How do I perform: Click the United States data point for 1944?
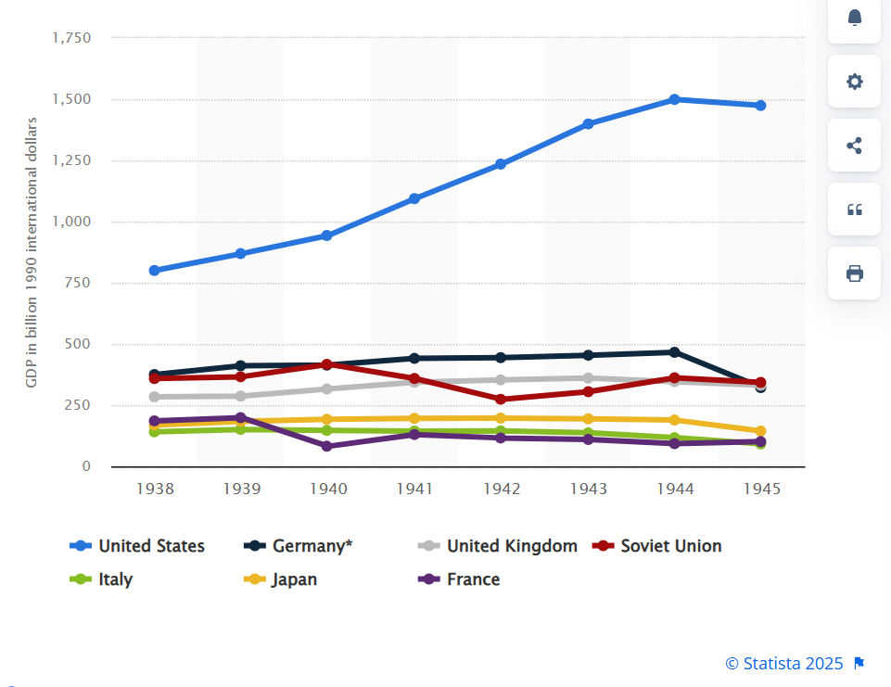click(674, 99)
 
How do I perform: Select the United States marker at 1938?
click(155, 271)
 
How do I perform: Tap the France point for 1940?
click(327, 446)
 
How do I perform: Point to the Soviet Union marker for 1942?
click(501, 400)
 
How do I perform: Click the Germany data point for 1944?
click(674, 352)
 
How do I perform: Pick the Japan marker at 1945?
click(760, 431)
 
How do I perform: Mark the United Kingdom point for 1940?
click(327, 389)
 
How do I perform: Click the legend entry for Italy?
click(115, 579)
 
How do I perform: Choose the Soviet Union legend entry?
click(670, 546)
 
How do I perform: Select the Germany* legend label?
click(312, 546)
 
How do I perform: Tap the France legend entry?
click(473, 579)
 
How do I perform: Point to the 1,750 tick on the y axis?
click(72, 38)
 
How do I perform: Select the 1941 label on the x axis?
click(414, 489)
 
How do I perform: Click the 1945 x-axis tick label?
click(761, 489)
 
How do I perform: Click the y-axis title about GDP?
click(32, 252)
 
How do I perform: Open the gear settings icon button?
click(855, 81)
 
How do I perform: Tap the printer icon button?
click(855, 273)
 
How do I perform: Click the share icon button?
click(855, 145)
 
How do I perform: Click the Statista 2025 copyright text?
click(784, 663)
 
